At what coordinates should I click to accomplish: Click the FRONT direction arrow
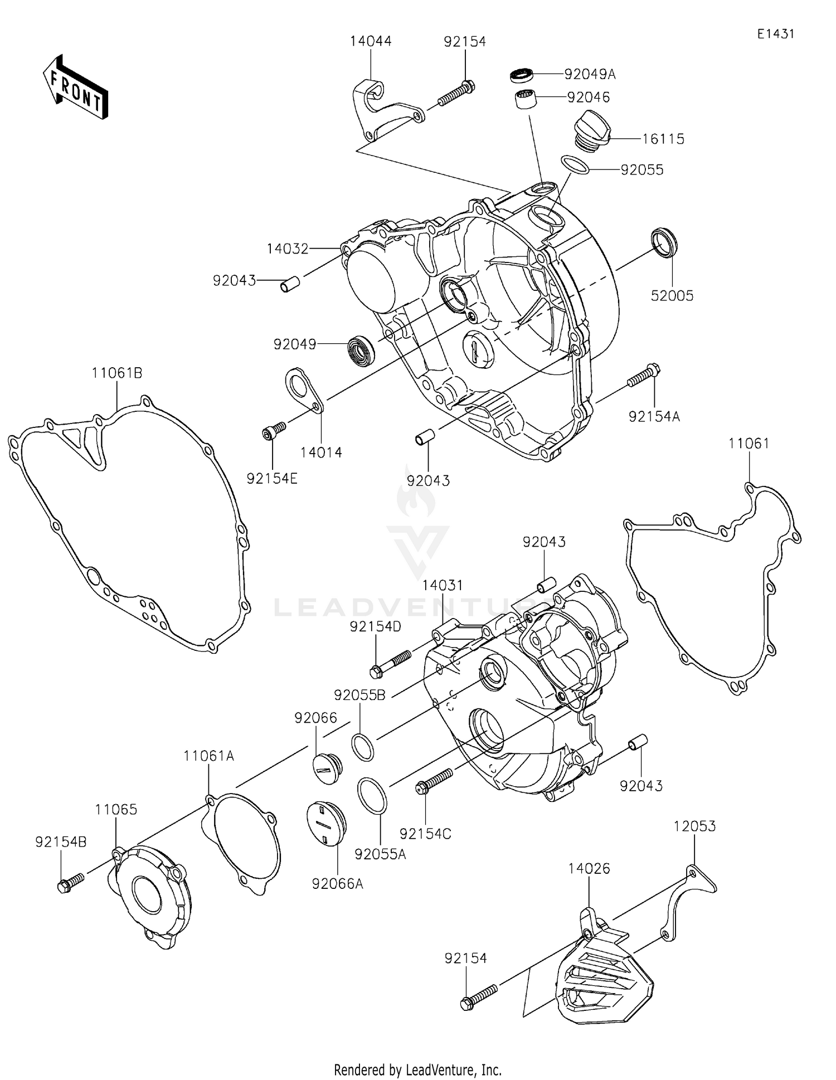[75, 87]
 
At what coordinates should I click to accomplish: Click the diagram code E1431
[775, 33]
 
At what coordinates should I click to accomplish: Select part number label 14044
[371, 41]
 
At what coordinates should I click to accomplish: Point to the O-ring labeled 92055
[575, 165]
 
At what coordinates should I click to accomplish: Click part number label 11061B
[117, 373]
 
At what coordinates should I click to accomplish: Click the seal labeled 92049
[361, 351]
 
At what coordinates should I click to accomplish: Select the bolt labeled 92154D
[390, 661]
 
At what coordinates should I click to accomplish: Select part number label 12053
[694, 826]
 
